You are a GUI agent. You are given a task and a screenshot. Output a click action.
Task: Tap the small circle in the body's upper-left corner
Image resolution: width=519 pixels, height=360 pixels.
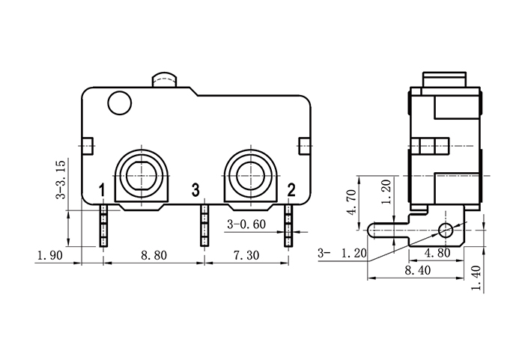pyautogui.click(x=118, y=103)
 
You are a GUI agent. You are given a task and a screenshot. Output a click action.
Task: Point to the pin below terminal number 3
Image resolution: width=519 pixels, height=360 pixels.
pyautogui.click(x=203, y=225)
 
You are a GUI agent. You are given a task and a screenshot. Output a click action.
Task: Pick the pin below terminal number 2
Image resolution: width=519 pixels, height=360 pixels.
pyautogui.click(x=288, y=225)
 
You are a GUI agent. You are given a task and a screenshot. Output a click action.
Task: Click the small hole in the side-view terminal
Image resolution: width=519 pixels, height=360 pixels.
pyautogui.click(x=447, y=228)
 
